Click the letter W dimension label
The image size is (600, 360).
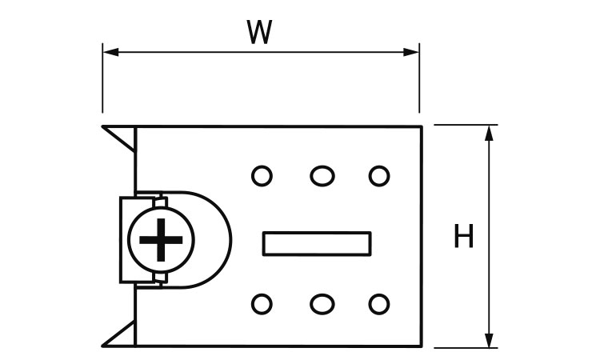click(260, 32)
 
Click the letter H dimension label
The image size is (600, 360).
click(463, 237)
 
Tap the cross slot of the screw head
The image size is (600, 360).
click(161, 238)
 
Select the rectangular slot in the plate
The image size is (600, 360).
click(317, 243)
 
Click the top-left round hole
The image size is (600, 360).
click(262, 175)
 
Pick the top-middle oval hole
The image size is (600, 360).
click(321, 175)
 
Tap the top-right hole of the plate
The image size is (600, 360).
click(378, 175)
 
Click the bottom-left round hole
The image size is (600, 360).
click(262, 304)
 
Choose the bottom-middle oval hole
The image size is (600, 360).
click(321, 304)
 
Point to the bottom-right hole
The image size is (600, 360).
click(378, 304)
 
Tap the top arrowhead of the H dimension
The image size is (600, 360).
click(489, 131)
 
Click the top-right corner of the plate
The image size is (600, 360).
click(421, 126)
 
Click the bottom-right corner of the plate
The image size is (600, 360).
click(421, 347)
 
